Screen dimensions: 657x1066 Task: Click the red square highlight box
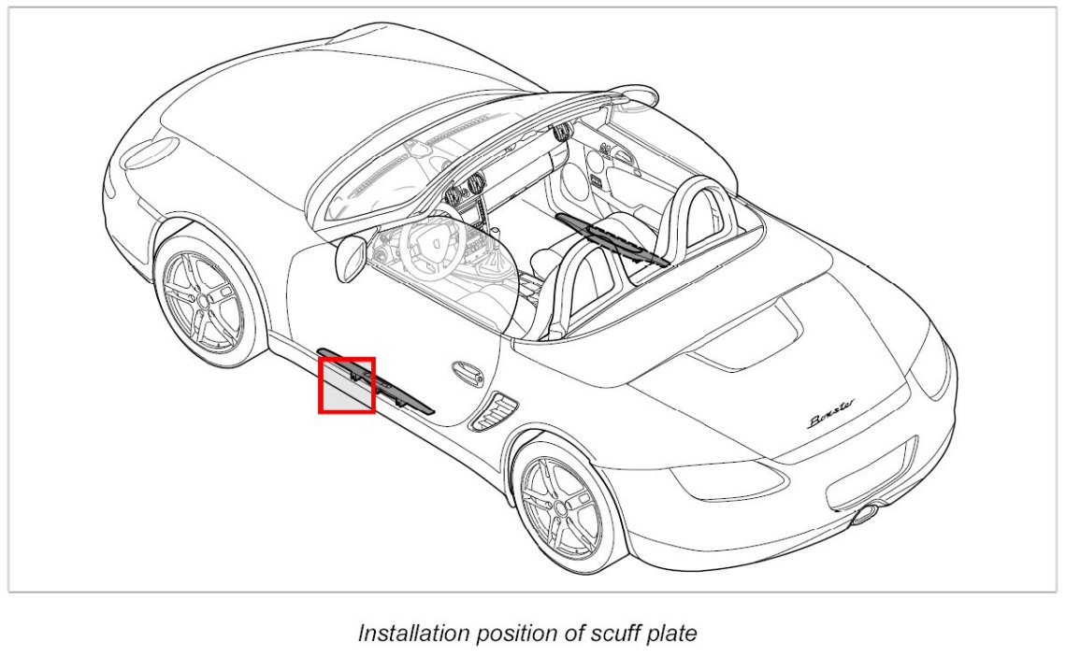tap(347, 384)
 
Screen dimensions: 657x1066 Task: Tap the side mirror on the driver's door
tap(352, 256)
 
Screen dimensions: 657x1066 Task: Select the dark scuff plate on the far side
tap(612, 238)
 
